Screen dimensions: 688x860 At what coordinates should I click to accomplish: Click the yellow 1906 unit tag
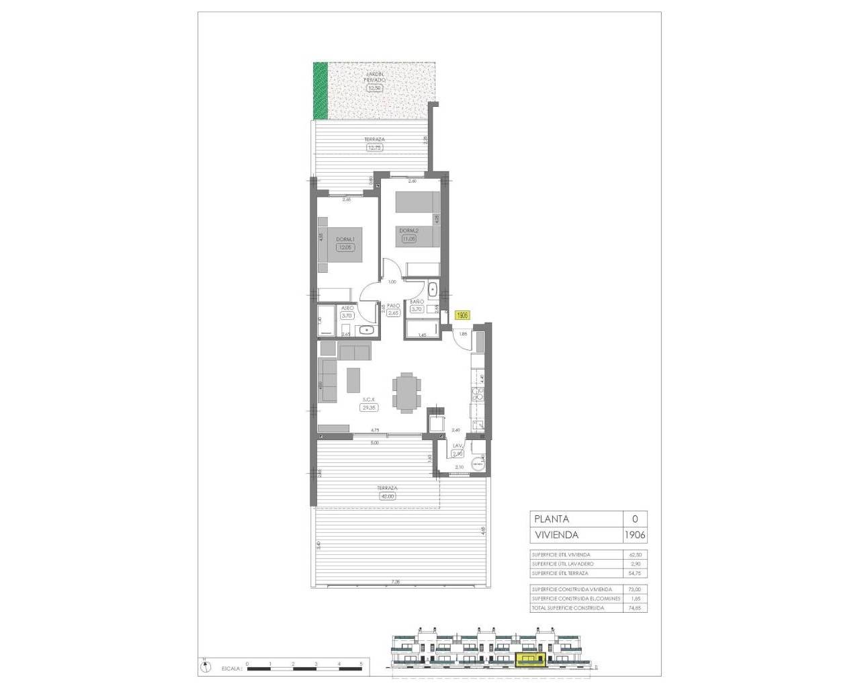462,314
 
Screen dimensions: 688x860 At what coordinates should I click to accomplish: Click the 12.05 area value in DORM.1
345,247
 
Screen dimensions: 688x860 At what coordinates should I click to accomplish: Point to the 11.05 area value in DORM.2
408,239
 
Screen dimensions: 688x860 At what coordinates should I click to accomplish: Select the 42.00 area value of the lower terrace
388,497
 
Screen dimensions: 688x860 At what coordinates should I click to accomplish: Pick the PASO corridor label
394,304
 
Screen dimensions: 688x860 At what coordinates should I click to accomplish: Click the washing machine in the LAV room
478,463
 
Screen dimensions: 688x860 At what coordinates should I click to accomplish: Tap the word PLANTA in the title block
551,519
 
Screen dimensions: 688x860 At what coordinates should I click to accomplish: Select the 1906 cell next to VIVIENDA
635,535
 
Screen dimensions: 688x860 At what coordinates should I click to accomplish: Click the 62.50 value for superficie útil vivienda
635,554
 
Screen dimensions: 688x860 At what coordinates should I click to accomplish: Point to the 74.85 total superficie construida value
635,607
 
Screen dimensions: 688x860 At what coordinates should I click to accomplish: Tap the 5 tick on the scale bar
361,664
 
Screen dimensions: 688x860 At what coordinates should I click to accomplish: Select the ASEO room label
347,308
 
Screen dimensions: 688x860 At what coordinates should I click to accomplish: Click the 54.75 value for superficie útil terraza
635,573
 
